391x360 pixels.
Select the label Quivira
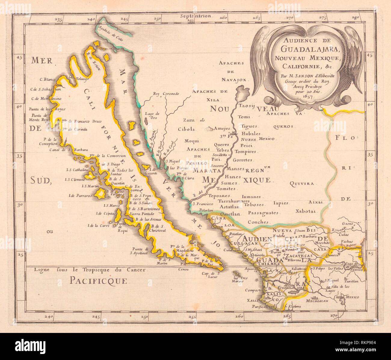coord(302,183)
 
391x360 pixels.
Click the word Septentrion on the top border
coord(196,17)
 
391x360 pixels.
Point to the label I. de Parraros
coord(80,195)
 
